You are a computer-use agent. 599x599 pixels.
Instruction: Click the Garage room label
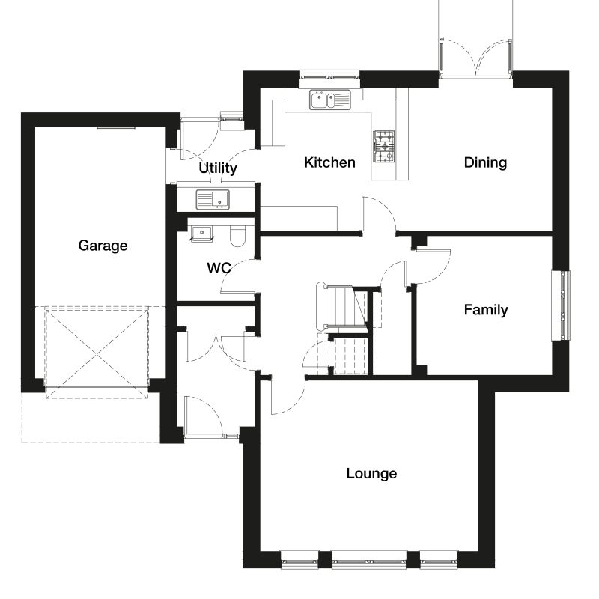pyautogui.click(x=103, y=246)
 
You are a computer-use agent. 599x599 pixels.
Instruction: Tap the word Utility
pyautogui.click(x=218, y=168)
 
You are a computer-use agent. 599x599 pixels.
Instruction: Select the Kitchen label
pyautogui.click(x=329, y=162)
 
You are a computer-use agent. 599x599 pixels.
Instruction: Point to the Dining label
pyautogui.click(x=485, y=162)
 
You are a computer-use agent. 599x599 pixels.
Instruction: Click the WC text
pyautogui.click(x=219, y=268)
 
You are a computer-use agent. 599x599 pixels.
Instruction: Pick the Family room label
pyautogui.click(x=486, y=310)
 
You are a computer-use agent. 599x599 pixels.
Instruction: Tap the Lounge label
pyautogui.click(x=371, y=474)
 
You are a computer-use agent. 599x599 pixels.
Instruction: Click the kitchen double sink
pyautogui.click(x=330, y=100)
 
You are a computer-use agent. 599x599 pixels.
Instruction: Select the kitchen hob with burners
pyautogui.click(x=384, y=146)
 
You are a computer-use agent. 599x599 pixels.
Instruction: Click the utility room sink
pyautogui.click(x=213, y=200)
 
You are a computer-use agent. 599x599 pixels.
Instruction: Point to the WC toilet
pyautogui.click(x=237, y=236)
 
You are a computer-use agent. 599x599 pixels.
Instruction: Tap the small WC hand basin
pyautogui.click(x=201, y=234)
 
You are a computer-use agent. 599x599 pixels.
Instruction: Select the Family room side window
pyautogui.click(x=561, y=305)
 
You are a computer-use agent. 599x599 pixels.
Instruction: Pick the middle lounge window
pyautogui.click(x=369, y=559)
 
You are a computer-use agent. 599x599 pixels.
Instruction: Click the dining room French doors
pyautogui.click(x=475, y=58)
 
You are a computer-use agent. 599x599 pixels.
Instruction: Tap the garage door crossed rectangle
pyautogui.click(x=97, y=352)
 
